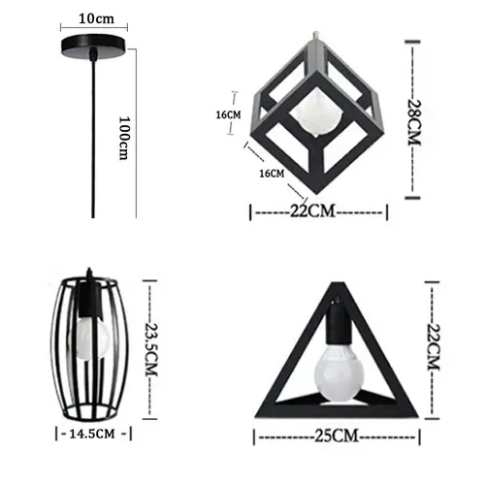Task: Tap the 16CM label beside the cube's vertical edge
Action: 229,114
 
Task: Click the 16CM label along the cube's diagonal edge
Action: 273,174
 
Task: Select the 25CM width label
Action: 332,436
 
